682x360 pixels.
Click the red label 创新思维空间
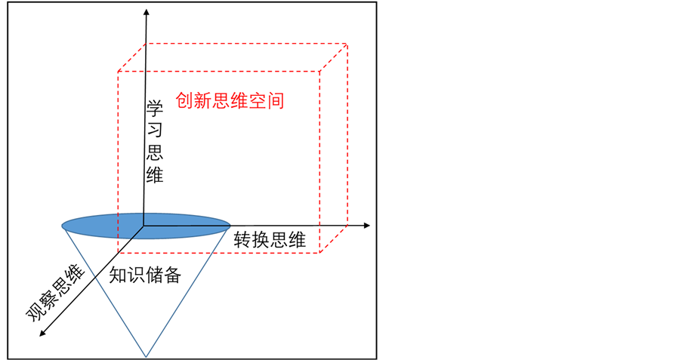(230, 101)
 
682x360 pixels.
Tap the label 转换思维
(269, 241)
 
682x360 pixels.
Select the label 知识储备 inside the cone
(145, 275)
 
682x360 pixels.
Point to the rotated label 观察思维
(56, 294)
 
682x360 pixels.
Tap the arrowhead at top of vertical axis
(144, 9)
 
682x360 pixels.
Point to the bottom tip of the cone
(146, 355)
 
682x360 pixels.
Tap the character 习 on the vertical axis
(156, 131)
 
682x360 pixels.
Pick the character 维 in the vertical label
(156, 175)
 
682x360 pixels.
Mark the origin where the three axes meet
(143, 225)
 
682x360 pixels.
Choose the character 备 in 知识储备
(173, 275)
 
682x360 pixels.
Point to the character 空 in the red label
(258, 101)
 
